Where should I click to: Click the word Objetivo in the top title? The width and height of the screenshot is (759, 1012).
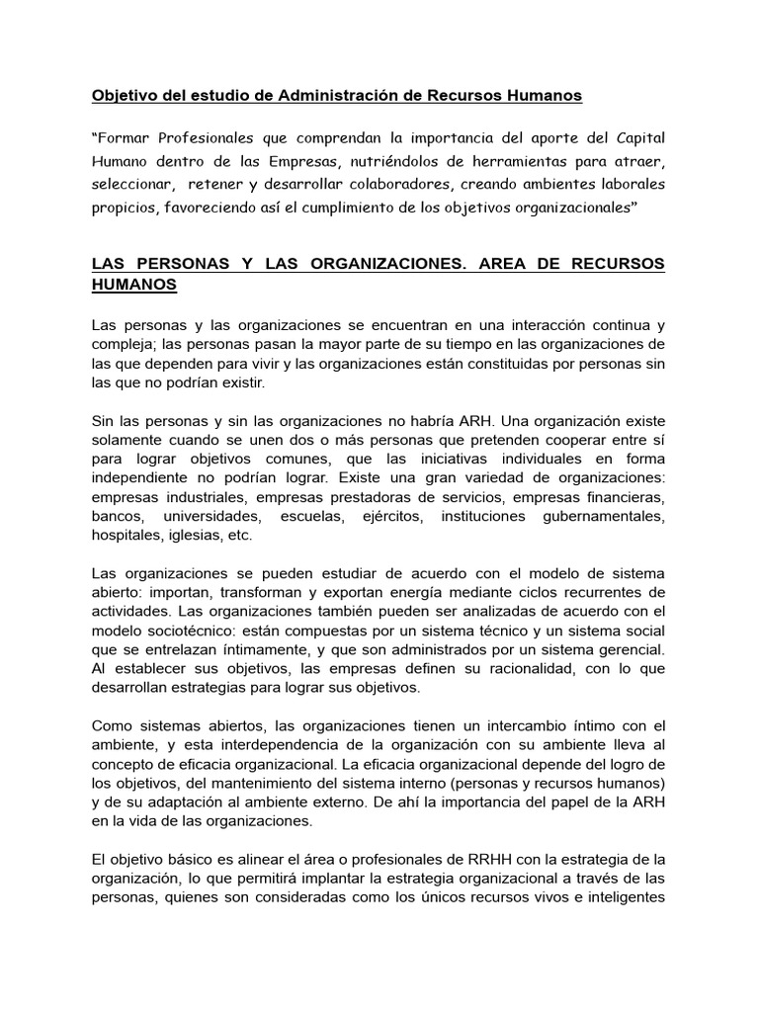point(125,96)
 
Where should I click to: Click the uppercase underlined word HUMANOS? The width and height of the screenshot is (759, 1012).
point(134,285)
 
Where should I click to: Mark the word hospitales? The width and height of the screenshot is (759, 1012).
point(126,535)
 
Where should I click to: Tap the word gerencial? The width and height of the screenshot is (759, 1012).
point(631,649)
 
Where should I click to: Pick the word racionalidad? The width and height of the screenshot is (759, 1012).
point(516,669)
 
